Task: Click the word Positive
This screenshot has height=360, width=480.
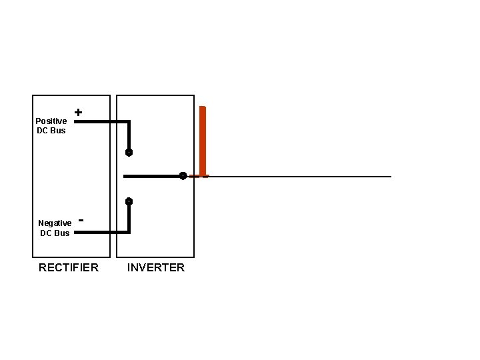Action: [51, 121]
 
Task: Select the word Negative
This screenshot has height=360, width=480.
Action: [55, 223]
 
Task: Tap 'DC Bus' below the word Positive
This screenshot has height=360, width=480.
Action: [51, 131]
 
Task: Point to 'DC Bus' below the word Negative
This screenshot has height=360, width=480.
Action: [55, 233]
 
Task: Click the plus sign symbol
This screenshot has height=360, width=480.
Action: [79, 113]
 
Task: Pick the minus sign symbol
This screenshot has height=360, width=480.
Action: [81, 219]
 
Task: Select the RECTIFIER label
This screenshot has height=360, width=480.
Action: [69, 268]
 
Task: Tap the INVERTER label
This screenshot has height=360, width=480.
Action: [156, 268]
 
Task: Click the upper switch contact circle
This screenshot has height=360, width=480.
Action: [129, 153]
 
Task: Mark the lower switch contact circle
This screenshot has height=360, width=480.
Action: [129, 201]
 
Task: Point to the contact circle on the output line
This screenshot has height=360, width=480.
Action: [182, 176]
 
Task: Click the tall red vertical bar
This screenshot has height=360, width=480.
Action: [203, 140]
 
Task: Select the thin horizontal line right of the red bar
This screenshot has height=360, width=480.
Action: [300, 177]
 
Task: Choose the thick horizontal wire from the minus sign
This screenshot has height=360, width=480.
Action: [100, 233]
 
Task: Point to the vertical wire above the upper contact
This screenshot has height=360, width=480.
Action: [129, 135]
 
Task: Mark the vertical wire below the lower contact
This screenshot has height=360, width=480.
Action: [129, 218]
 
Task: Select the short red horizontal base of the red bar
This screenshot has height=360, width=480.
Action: [199, 177]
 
